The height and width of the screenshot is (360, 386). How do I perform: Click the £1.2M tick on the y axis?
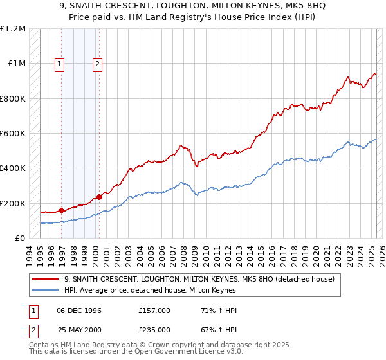(14, 29)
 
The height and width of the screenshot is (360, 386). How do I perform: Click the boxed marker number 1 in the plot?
(59, 64)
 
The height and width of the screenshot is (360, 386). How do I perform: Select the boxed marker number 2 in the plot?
(97, 64)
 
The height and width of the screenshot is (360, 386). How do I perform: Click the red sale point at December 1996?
(61, 210)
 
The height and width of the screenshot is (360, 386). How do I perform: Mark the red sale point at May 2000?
(99, 197)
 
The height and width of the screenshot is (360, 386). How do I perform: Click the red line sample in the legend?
(46, 280)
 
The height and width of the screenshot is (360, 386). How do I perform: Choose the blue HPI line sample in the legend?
(46, 291)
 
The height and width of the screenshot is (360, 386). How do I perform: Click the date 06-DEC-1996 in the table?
(77, 310)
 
